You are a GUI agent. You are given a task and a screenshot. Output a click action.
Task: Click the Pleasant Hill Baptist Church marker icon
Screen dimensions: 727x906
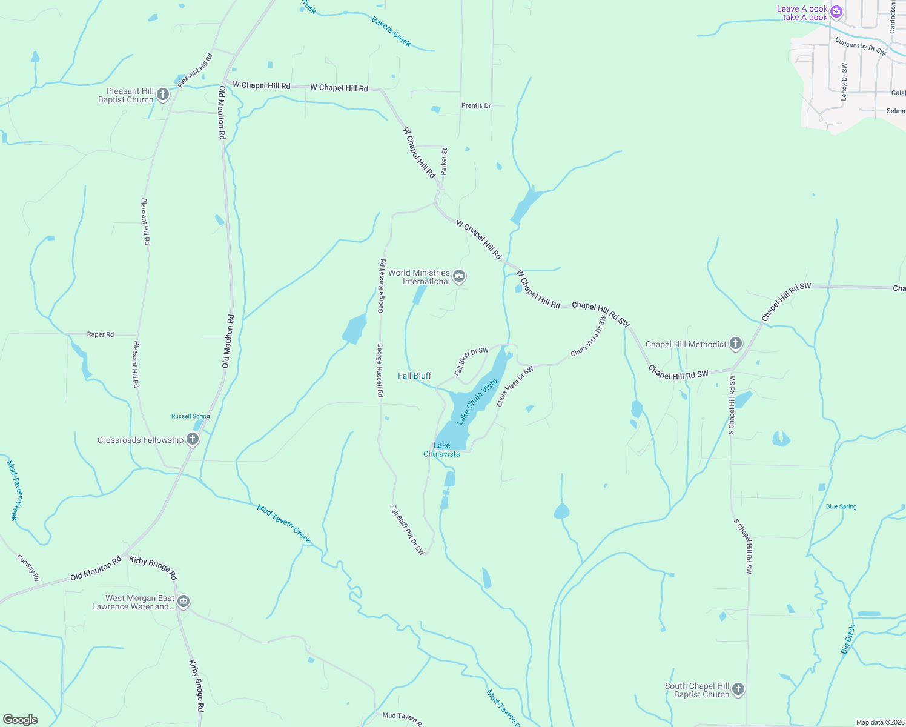pyautogui.click(x=163, y=95)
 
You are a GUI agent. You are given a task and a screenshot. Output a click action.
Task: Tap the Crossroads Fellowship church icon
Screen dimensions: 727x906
pyautogui.click(x=193, y=440)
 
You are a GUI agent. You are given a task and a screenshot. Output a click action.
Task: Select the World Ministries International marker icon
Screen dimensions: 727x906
pyautogui.click(x=459, y=277)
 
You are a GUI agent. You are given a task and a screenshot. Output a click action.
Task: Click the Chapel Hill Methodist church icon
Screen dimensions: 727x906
pyautogui.click(x=736, y=344)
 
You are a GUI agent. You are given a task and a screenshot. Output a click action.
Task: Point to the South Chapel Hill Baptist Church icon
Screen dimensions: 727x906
pyautogui.click(x=738, y=689)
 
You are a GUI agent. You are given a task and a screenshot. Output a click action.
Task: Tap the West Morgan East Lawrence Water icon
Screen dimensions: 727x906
pyautogui.click(x=184, y=602)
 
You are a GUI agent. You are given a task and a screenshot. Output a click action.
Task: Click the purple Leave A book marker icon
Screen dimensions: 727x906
pyautogui.click(x=836, y=12)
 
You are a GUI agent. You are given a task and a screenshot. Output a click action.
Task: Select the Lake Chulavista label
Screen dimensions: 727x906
pyautogui.click(x=441, y=450)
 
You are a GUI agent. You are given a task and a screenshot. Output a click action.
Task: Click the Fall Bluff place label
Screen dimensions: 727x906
pyautogui.click(x=415, y=376)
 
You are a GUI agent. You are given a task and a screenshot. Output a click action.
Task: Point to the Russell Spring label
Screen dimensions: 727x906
pyautogui.click(x=190, y=416)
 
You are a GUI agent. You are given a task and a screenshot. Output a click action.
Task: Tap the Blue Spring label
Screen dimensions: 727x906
pyautogui.click(x=841, y=506)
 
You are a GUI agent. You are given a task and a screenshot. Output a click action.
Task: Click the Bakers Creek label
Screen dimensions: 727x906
pyautogui.click(x=391, y=32)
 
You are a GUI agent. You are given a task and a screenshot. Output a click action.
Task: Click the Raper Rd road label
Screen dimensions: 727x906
pyautogui.click(x=101, y=334)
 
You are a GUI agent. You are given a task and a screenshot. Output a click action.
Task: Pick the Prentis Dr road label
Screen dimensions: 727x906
pyautogui.click(x=476, y=105)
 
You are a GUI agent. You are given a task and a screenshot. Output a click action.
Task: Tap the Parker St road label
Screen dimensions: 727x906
pyautogui.click(x=444, y=162)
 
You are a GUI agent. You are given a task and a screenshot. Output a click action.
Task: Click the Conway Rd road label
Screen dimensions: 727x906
pyautogui.click(x=28, y=568)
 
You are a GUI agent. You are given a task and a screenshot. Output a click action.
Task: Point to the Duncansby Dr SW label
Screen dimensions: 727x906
pyautogui.click(x=860, y=47)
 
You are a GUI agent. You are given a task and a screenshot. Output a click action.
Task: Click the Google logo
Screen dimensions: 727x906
pyautogui.click(x=21, y=720)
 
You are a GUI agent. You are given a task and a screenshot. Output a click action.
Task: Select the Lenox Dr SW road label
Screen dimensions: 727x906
pyautogui.click(x=845, y=82)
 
